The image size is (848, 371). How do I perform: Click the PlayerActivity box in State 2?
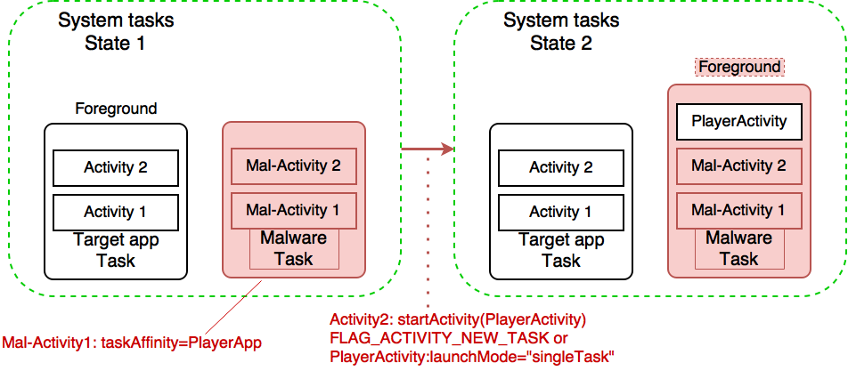tap(738, 121)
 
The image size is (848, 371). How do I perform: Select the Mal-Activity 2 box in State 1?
tap(293, 165)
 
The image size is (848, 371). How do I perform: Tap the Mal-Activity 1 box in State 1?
tap(293, 211)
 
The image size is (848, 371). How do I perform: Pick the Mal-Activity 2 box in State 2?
tap(738, 165)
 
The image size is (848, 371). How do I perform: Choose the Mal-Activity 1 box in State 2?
tap(738, 211)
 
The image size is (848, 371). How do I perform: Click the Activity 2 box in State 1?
tap(116, 167)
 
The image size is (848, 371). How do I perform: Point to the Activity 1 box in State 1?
tap(116, 212)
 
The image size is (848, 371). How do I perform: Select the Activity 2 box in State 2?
tap(561, 167)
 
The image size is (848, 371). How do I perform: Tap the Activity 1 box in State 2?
tap(561, 212)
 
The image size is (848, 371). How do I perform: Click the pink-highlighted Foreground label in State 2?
tap(739, 67)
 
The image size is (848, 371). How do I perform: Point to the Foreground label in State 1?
tap(116, 109)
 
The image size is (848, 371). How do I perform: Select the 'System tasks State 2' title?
tap(560, 31)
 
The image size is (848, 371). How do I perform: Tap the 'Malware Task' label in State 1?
tap(293, 248)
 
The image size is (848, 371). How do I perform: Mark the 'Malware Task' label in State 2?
tap(738, 248)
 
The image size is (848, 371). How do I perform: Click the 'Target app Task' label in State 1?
tap(116, 250)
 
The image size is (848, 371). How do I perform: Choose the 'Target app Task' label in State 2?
tap(561, 250)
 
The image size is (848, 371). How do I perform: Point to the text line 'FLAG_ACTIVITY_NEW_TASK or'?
tap(449, 339)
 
